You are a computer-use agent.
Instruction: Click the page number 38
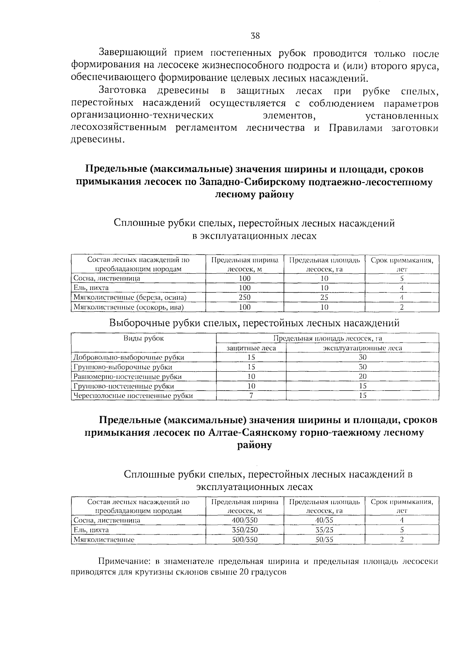[255, 36]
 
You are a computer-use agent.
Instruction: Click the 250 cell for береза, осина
[245, 297]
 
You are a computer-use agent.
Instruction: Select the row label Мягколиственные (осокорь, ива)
[130, 307]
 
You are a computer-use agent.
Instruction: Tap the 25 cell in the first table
[324, 297]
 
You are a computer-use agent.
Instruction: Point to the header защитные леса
[251, 348]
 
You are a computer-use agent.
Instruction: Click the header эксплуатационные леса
[363, 348]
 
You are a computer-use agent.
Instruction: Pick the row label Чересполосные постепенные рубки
[134, 395]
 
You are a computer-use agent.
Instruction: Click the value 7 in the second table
[251, 395]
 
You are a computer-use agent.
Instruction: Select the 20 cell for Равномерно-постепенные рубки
[363, 376]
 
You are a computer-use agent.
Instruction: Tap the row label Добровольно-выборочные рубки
[129, 357]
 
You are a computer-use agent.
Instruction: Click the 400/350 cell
[245, 520]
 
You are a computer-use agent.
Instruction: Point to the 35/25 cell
[324, 530]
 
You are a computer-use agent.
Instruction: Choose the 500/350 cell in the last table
[245, 539]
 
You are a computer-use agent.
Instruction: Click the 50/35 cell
[324, 539]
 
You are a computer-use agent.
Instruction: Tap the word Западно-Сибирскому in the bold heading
[243, 182]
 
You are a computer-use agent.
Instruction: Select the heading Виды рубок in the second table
[144, 338]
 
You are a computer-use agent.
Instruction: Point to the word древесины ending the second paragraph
[96, 140]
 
